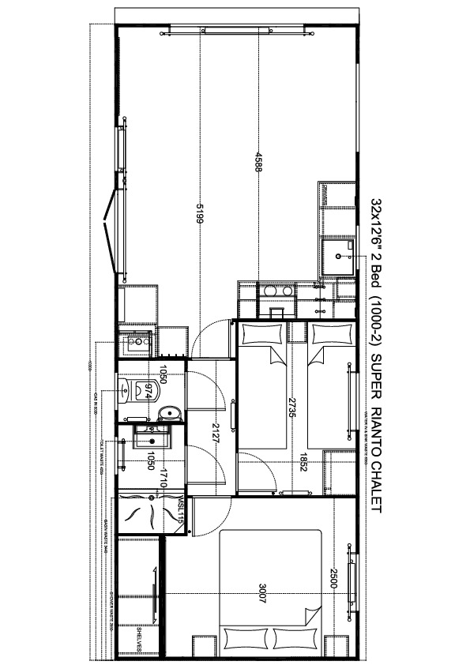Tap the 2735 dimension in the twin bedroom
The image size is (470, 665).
pos(291,410)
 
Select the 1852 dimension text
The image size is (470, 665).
pos(302,460)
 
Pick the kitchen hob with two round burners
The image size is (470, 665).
pos(276,291)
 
